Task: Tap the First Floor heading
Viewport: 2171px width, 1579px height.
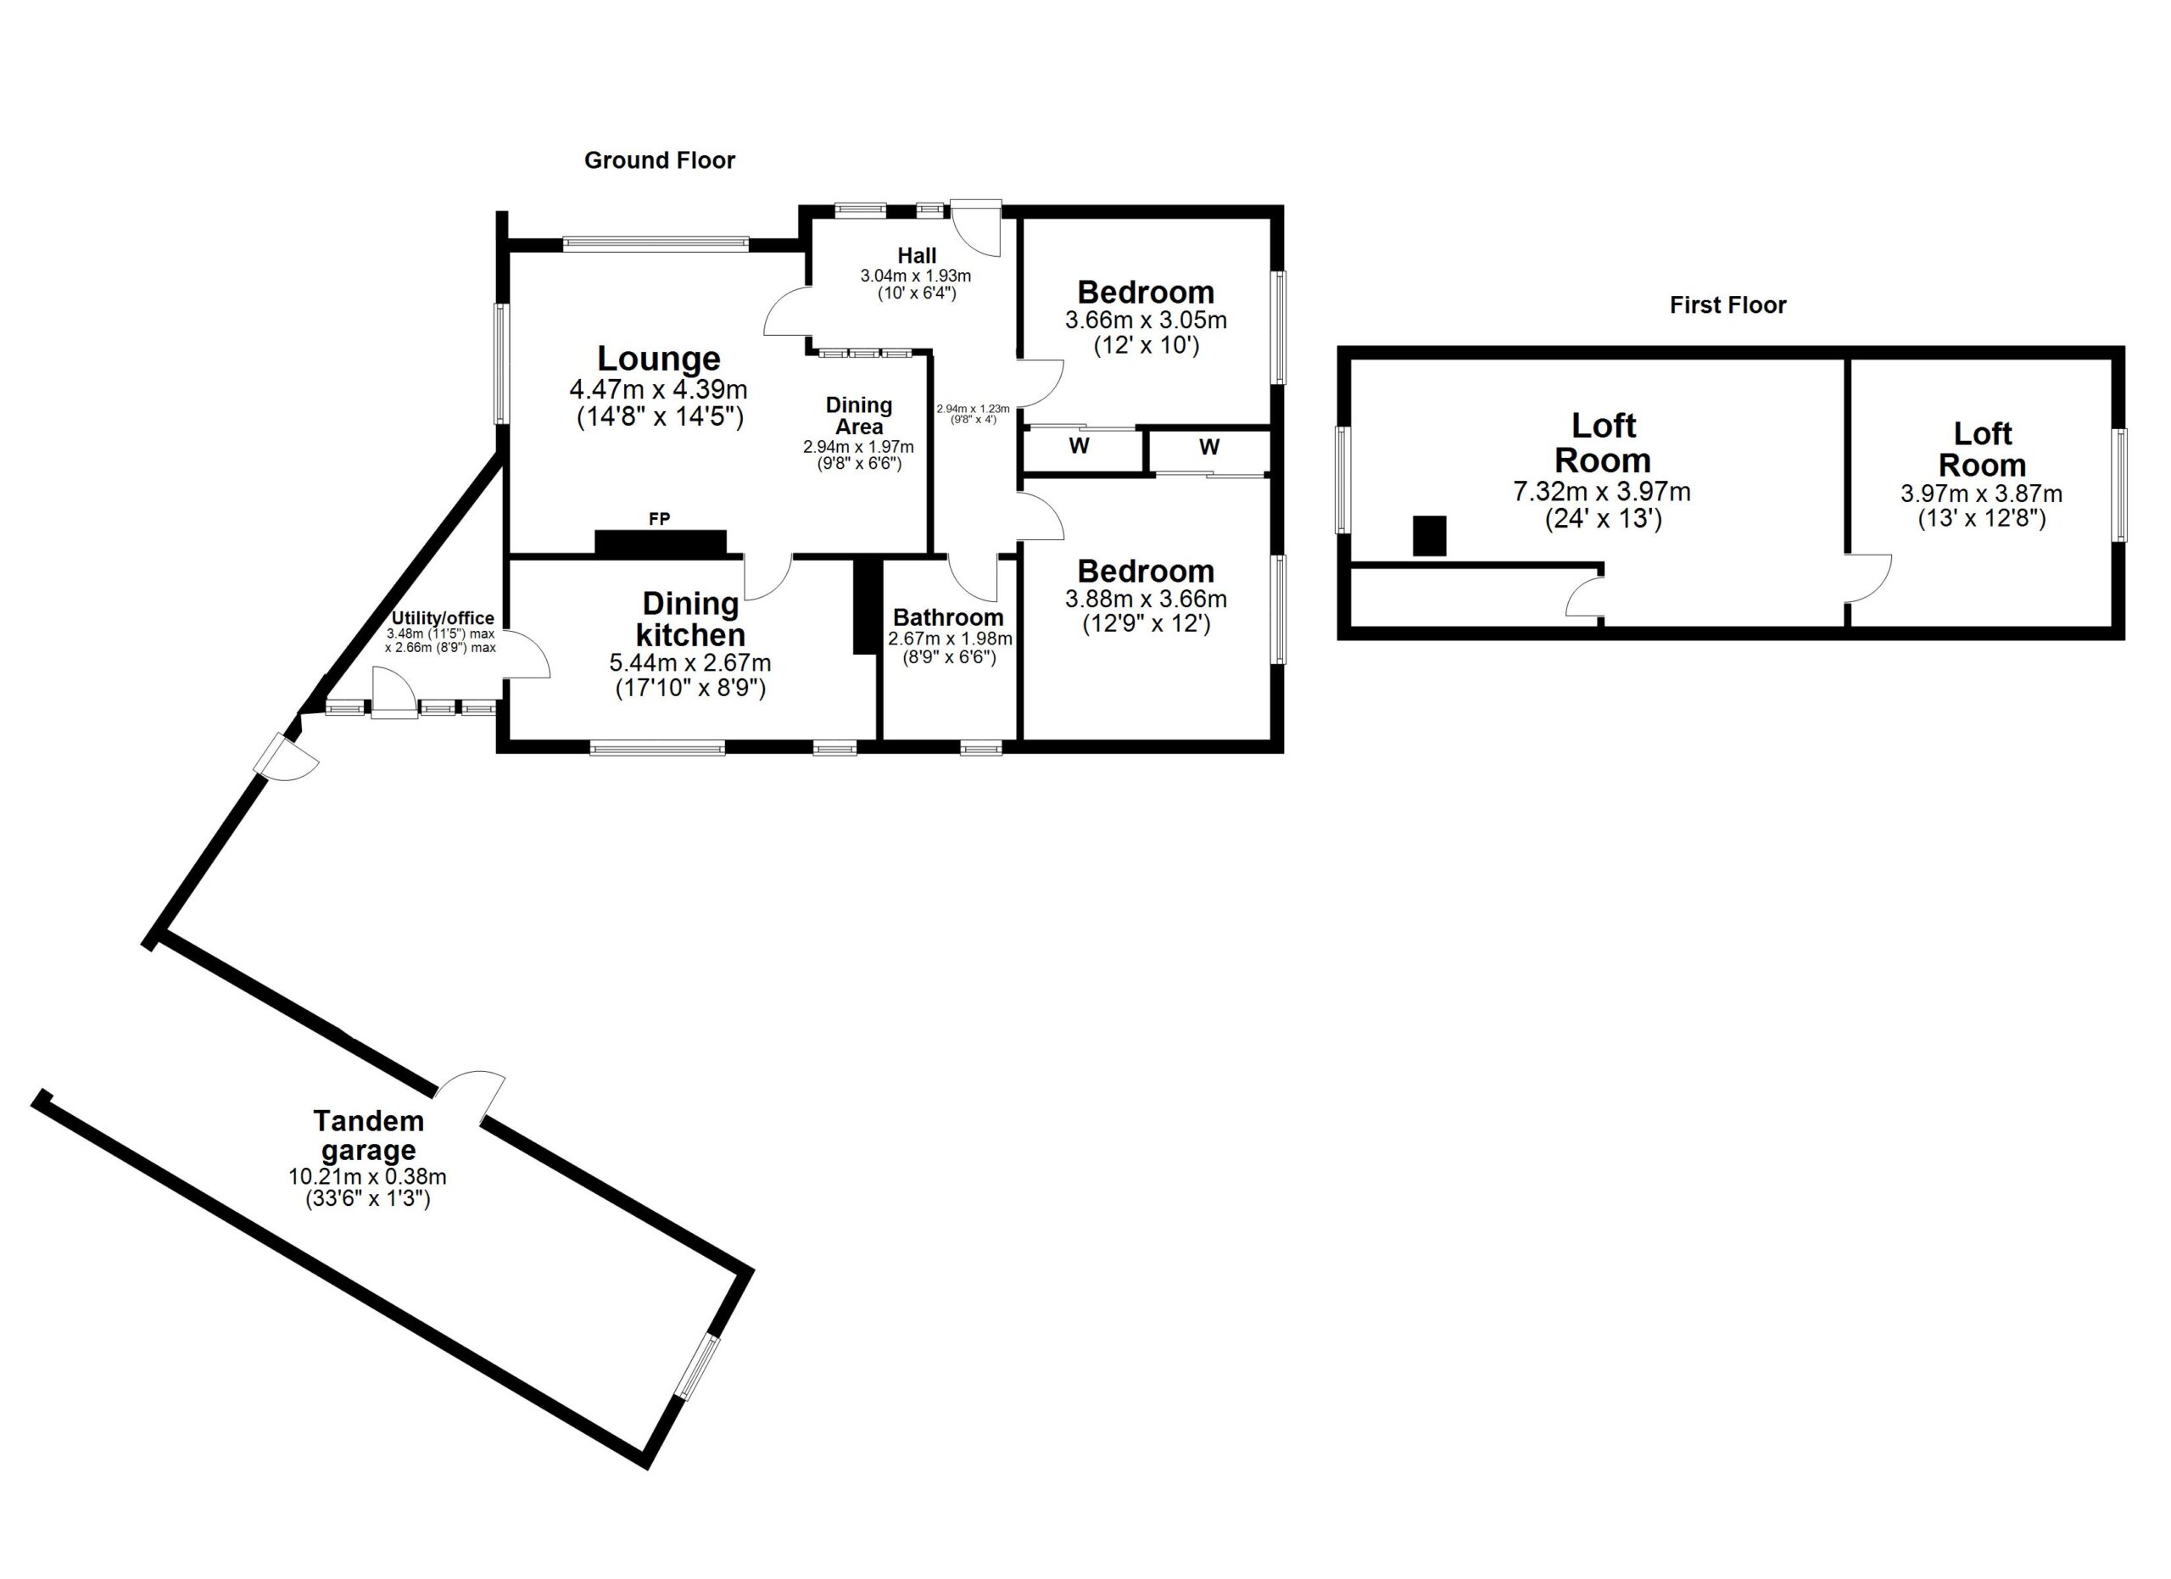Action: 1727,305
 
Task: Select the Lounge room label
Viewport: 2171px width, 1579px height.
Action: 659,359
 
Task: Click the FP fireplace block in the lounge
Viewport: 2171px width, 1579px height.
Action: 661,543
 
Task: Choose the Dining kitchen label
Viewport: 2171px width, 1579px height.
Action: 690,619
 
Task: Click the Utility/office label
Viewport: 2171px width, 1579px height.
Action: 442,618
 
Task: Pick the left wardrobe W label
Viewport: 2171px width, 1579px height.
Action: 1079,446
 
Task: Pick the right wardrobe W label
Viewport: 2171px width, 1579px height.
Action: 1209,447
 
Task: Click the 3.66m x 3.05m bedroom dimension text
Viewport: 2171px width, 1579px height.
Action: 1146,321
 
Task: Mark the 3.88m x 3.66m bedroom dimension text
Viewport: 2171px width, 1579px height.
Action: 1146,599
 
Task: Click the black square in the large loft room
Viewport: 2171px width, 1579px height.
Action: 1429,536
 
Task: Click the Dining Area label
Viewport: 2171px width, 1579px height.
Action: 858,416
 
